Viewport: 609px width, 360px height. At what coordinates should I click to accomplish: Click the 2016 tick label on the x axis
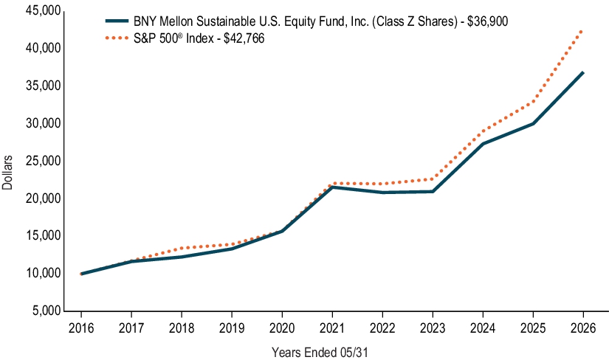point(81,328)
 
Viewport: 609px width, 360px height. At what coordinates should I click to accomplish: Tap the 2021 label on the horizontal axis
point(332,328)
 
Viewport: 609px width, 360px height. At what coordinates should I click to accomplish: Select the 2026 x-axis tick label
point(583,328)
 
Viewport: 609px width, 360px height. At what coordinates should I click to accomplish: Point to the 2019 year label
point(232,328)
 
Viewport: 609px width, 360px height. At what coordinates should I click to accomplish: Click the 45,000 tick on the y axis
point(43,10)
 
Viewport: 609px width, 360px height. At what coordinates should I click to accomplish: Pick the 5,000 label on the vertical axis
point(47,311)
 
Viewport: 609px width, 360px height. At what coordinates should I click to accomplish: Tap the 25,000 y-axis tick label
point(43,160)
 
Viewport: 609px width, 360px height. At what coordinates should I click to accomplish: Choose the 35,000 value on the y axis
point(43,86)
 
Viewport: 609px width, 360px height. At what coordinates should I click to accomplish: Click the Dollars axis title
point(7,173)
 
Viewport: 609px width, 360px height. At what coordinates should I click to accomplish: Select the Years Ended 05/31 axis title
point(320,352)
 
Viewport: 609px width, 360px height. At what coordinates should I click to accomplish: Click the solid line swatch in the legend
point(117,21)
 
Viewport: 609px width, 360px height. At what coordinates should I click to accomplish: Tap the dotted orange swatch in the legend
point(117,38)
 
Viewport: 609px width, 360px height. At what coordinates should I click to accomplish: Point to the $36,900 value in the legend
point(487,21)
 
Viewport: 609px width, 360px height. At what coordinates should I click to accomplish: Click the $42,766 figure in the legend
point(244,38)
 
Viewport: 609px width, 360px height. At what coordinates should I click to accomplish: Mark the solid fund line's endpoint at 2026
point(582,72)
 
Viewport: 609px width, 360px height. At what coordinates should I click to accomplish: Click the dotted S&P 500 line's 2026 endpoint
point(582,31)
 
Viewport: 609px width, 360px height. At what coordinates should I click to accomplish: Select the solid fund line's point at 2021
point(332,187)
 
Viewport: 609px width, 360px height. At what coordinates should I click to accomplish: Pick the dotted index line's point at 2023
point(433,179)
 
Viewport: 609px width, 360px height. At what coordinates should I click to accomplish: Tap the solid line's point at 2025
point(533,123)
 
